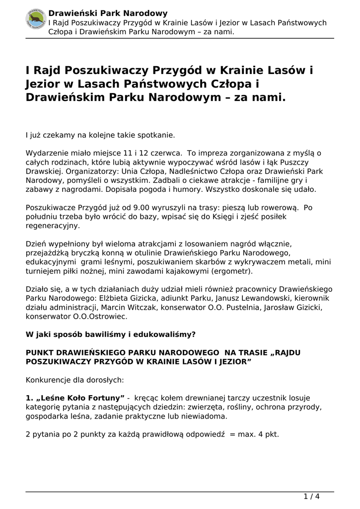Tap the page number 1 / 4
pos(311,496)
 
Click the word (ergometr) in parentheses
pos(231,271)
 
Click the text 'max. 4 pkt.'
pos(259,433)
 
